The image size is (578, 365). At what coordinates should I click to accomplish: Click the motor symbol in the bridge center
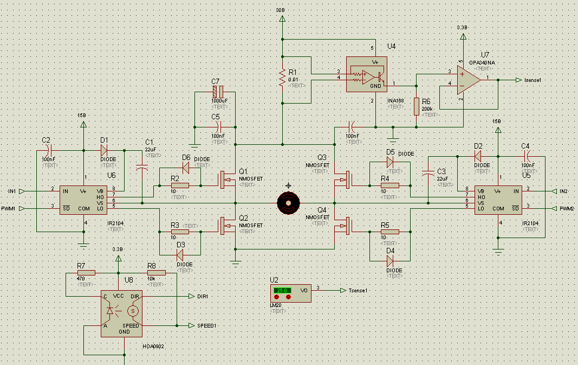[288, 203]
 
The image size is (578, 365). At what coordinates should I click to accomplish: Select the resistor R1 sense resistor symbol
[282, 78]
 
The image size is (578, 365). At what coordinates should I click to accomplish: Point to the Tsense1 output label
[359, 290]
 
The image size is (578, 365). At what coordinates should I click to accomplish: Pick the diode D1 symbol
[104, 150]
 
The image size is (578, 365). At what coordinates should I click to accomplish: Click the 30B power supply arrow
[282, 18]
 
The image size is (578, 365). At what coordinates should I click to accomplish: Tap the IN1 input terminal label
[12, 191]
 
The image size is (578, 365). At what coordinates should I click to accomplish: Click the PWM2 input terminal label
[566, 208]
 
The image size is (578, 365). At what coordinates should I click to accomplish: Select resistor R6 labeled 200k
[416, 106]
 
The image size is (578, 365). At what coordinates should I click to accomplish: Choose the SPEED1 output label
[206, 325]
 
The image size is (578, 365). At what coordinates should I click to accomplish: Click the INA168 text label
[395, 100]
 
